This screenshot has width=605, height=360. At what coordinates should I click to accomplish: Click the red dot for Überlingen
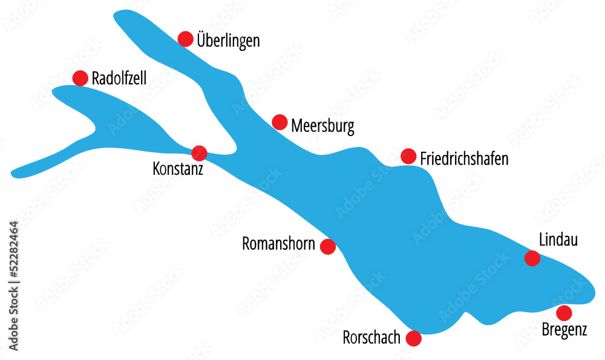pyautogui.click(x=186, y=39)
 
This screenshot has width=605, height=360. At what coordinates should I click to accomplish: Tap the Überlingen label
pyautogui.click(x=228, y=41)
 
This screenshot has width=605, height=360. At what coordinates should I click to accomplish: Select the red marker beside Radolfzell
pyautogui.click(x=80, y=78)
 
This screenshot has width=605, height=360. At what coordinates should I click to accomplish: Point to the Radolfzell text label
pyautogui.click(x=119, y=78)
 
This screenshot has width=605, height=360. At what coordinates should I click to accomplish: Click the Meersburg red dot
pyautogui.click(x=280, y=122)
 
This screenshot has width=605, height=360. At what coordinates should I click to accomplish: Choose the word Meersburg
pyautogui.click(x=322, y=126)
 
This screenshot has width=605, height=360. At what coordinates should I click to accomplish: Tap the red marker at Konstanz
pyautogui.click(x=199, y=153)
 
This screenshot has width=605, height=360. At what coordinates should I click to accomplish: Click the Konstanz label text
pyautogui.click(x=178, y=168)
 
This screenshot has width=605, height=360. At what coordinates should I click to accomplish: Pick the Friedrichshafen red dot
pyautogui.click(x=409, y=156)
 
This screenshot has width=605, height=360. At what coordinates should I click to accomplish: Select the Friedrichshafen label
pyautogui.click(x=464, y=159)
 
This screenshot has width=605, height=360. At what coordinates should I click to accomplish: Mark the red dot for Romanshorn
pyautogui.click(x=328, y=246)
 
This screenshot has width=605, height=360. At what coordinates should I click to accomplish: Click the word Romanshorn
pyautogui.click(x=278, y=244)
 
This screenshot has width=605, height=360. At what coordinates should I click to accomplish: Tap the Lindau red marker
pyautogui.click(x=532, y=258)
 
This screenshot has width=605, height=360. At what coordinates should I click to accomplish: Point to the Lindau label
pyautogui.click(x=558, y=240)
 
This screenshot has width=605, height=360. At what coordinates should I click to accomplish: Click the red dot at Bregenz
pyautogui.click(x=564, y=313)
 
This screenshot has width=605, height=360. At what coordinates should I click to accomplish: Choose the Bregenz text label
pyautogui.click(x=564, y=331)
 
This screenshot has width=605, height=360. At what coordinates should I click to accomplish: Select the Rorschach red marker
pyautogui.click(x=414, y=338)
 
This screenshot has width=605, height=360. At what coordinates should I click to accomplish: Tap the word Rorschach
pyautogui.click(x=371, y=338)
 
